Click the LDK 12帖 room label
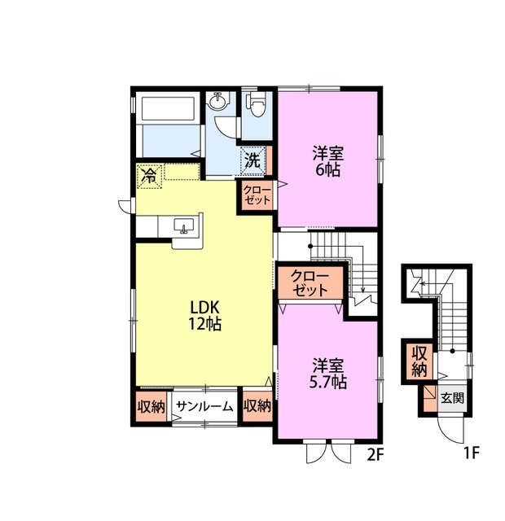[x=204, y=315]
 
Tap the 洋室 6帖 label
[x=327, y=161]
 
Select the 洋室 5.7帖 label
[x=328, y=374]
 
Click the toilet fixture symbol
[x=257, y=103]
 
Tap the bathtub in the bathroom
[x=168, y=108]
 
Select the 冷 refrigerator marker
[x=149, y=177]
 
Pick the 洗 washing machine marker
[x=253, y=161]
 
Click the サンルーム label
[x=204, y=406]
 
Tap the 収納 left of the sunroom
[x=151, y=407]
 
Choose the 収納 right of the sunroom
[x=257, y=406]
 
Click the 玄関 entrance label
[x=453, y=398]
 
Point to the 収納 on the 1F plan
[x=419, y=362]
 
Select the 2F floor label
[x=375, y=455]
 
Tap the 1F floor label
[x=472, y=453]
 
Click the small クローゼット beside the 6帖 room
[x=257, y=195]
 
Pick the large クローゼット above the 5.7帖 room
[x=310, y=283]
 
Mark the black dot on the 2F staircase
[x=310, y=246]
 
